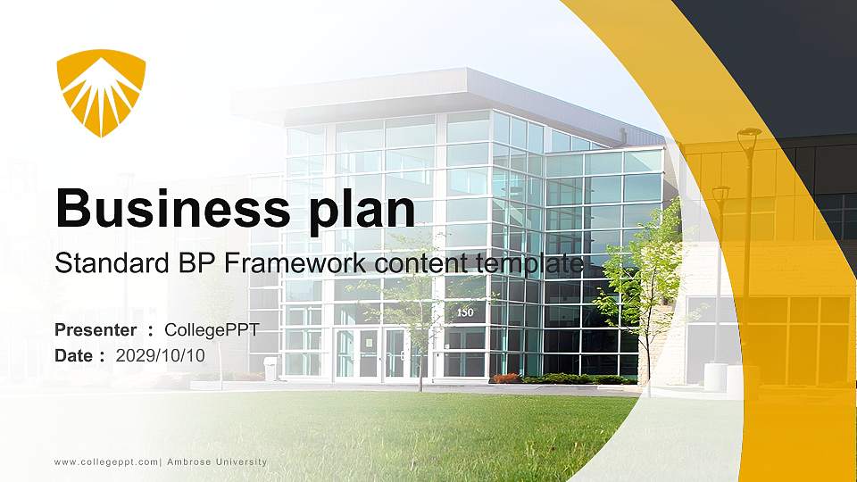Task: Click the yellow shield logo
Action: tap(100, 92)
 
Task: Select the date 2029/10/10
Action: tap(161, 355)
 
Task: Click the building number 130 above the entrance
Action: tap(465, 313)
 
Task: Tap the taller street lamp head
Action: tap(749, 133)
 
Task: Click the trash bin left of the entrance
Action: tap(270, 368)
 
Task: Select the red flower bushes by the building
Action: tap(505, 378)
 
